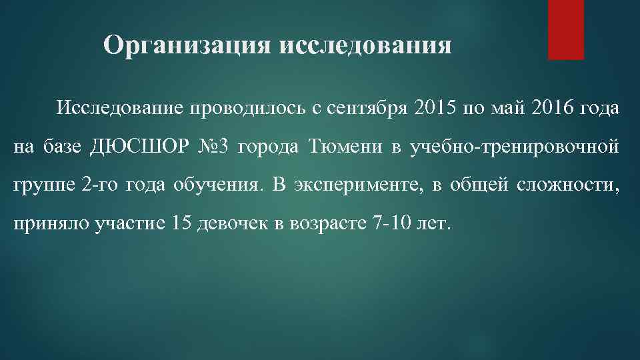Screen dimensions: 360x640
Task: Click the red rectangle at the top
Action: (x=565, y=29)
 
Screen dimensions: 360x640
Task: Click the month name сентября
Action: (x=366, y=108)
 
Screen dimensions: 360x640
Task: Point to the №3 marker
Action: (x=213, y=147)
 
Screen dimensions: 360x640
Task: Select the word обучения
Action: (x=215, y=185)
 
